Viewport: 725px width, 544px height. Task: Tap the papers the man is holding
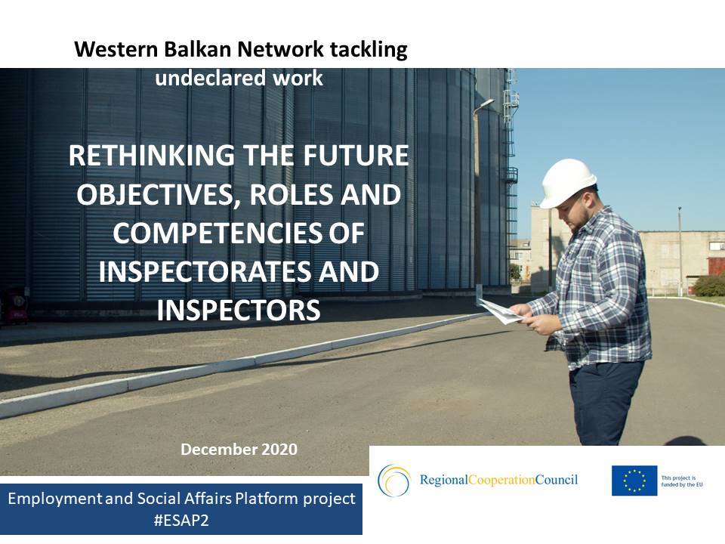click(501, 311)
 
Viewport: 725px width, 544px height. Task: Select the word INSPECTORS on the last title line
click(238, 311)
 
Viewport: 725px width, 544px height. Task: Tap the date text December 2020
click(239, 450)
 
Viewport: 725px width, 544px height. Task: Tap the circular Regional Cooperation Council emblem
click(393, 481)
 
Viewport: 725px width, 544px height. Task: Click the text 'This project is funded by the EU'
click(683, 481)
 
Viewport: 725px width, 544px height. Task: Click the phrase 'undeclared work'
click(239, 78)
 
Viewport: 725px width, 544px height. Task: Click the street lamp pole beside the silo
click(477, 196)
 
